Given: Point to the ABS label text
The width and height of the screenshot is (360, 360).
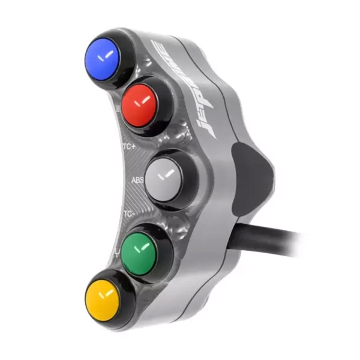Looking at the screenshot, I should click(x=137, y=179).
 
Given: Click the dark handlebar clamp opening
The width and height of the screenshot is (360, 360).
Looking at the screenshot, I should click(x=252, y=174).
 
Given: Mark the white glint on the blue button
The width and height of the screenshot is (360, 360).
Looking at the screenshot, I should click(x=108, y=56).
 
